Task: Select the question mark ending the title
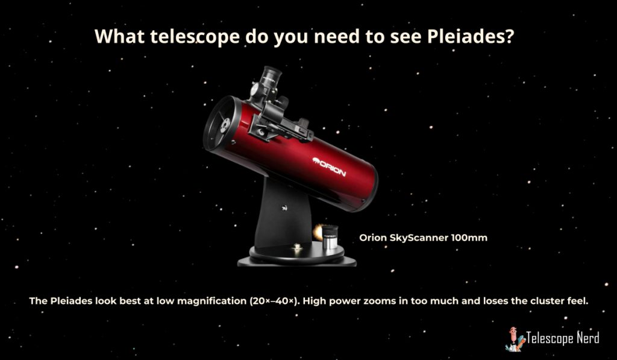tap(510, 36)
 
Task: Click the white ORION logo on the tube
tap(329, 167)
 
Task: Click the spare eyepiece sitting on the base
tap(330, 237)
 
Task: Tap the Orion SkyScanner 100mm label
tap(424, 238)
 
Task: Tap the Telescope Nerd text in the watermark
tap(562, 338)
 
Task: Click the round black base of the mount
tap(296, 257)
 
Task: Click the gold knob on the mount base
tap(297, 247)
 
